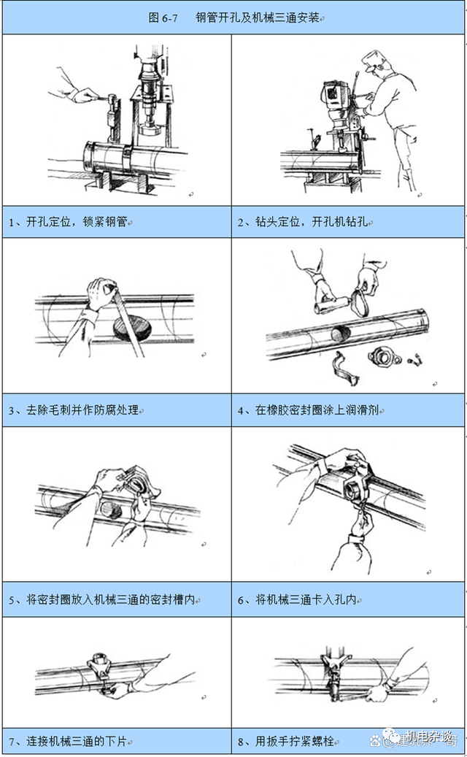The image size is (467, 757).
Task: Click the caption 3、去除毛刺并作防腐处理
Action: point(74,411)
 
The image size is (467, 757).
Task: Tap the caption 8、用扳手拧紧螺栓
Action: point(286,741)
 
